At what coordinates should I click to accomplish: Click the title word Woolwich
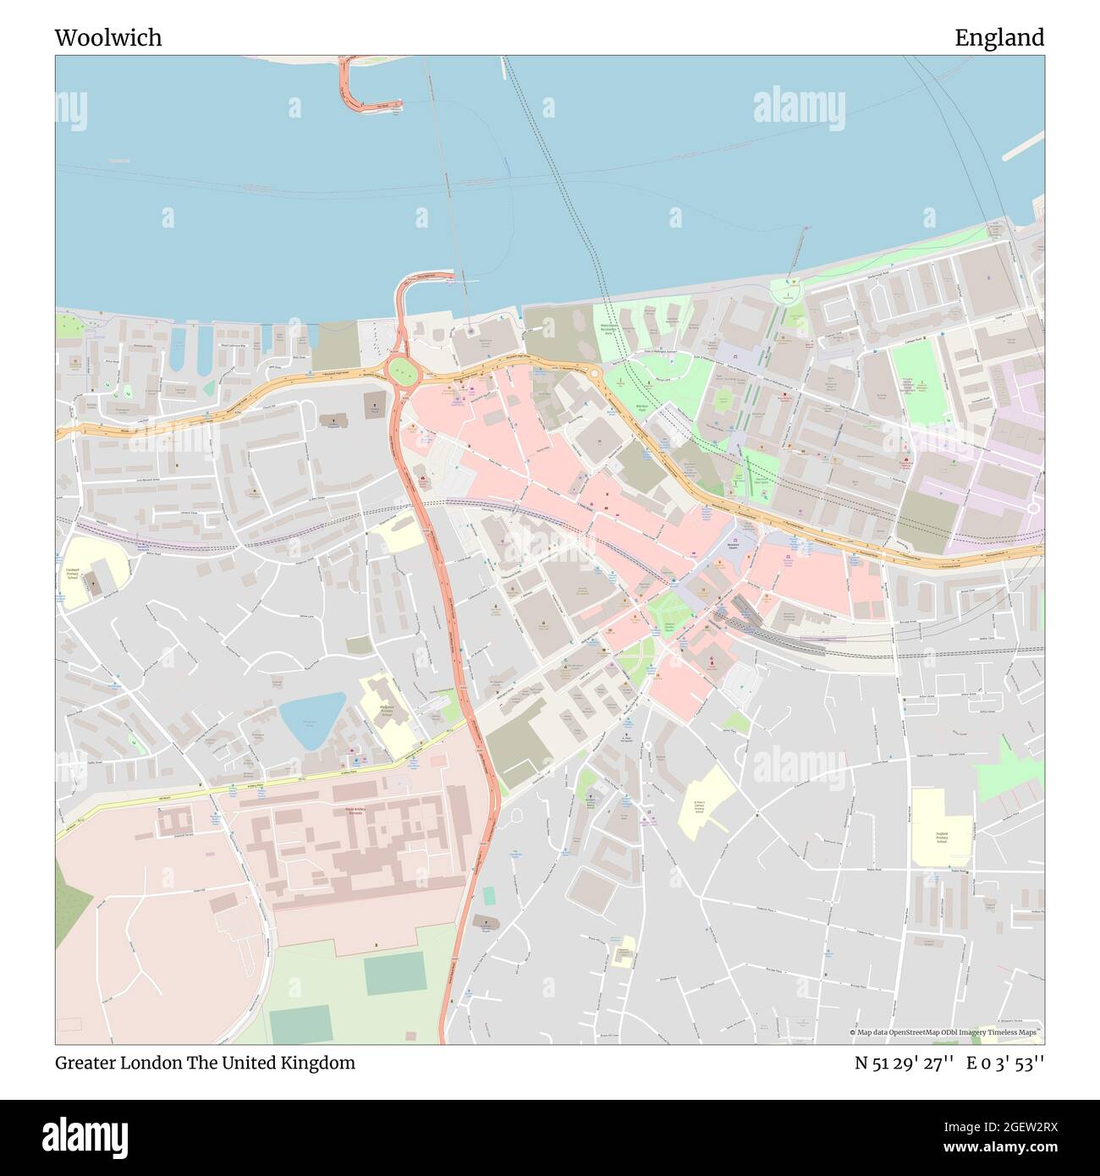[x=108, y=38]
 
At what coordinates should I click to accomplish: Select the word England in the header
[x=999, y=38]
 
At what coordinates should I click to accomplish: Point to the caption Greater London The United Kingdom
[x=205, y=1063]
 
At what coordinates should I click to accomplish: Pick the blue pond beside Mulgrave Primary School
[x=311, y=717]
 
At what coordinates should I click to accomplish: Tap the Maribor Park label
[x=641, y=408]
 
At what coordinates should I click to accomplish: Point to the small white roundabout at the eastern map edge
[x=1033, y=508]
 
